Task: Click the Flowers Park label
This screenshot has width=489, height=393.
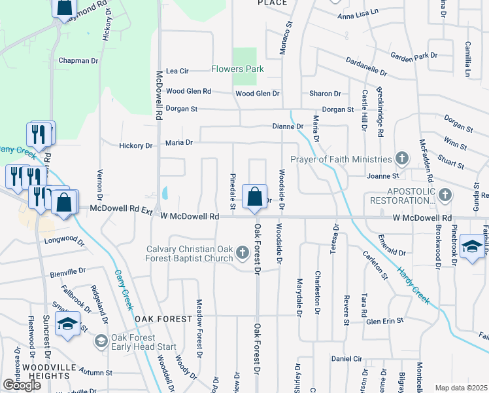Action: [237, 69]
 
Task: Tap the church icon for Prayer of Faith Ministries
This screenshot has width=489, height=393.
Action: [401, 159]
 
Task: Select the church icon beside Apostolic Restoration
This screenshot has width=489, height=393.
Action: [445, 195]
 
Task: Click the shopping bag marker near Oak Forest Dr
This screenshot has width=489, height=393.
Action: [254, 196]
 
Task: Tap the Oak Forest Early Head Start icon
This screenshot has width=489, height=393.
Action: [101, 341]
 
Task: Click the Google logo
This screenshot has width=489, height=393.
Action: [22, 385]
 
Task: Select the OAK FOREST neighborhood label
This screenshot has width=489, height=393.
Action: [163, 319]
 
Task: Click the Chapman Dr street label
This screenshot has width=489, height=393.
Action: [78, 60]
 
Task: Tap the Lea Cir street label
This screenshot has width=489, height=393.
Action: [177, 71]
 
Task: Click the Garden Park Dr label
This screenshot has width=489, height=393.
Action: [414, 56]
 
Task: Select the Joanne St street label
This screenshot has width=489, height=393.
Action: [382, 176]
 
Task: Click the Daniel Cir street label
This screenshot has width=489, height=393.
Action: [346, 359]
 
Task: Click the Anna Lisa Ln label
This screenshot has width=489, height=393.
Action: [358, 13]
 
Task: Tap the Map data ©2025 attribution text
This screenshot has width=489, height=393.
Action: [461, 388]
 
